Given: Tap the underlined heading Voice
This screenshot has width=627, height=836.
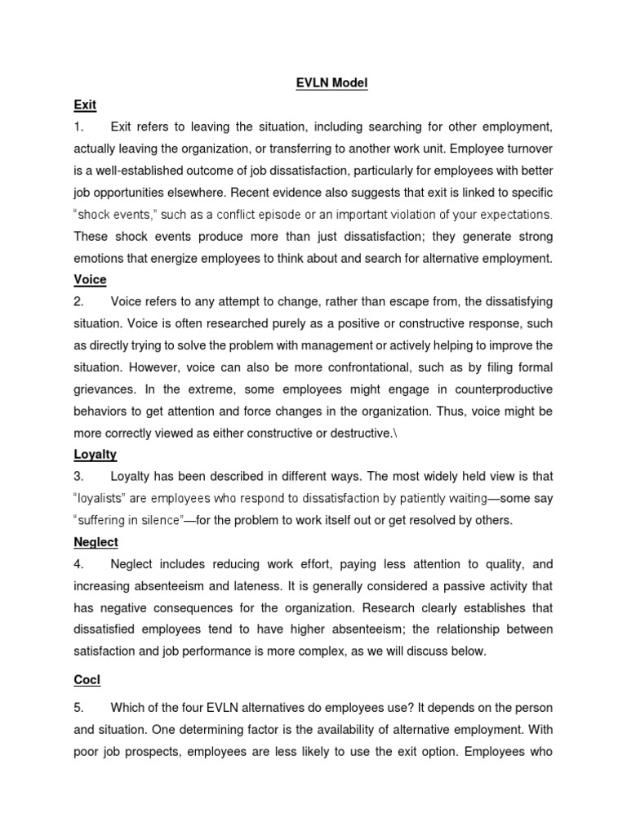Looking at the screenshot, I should [x=90, y=279].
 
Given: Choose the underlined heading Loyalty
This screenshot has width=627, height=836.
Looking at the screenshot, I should [x=96, y=455].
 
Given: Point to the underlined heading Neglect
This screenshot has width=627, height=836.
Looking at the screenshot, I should [x=96, y=542].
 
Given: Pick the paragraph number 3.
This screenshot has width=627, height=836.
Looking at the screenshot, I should [x=78, y=477].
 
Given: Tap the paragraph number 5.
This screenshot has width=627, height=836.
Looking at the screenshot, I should [x=78, y=707].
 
